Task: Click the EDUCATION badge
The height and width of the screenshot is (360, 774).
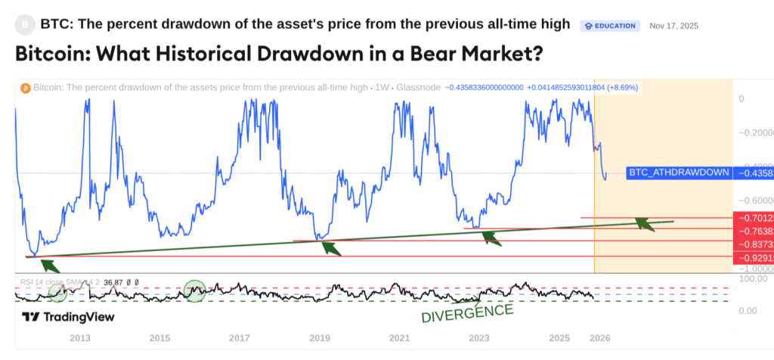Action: (x=610, y=26)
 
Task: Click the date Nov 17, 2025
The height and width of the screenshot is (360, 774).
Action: (x=673, y=26)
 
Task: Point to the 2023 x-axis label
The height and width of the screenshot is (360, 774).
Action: (x=479, y=337)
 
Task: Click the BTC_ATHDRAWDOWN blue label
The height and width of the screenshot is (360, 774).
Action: (x=679, y=172)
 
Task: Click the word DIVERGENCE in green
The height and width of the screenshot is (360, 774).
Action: (x=466, y=312)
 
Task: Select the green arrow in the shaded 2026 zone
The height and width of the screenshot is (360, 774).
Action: (x=644, y=223)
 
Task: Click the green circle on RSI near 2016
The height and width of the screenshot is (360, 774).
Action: (x=195, y=289)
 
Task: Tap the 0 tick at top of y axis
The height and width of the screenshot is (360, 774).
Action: (x=741, y=98)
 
